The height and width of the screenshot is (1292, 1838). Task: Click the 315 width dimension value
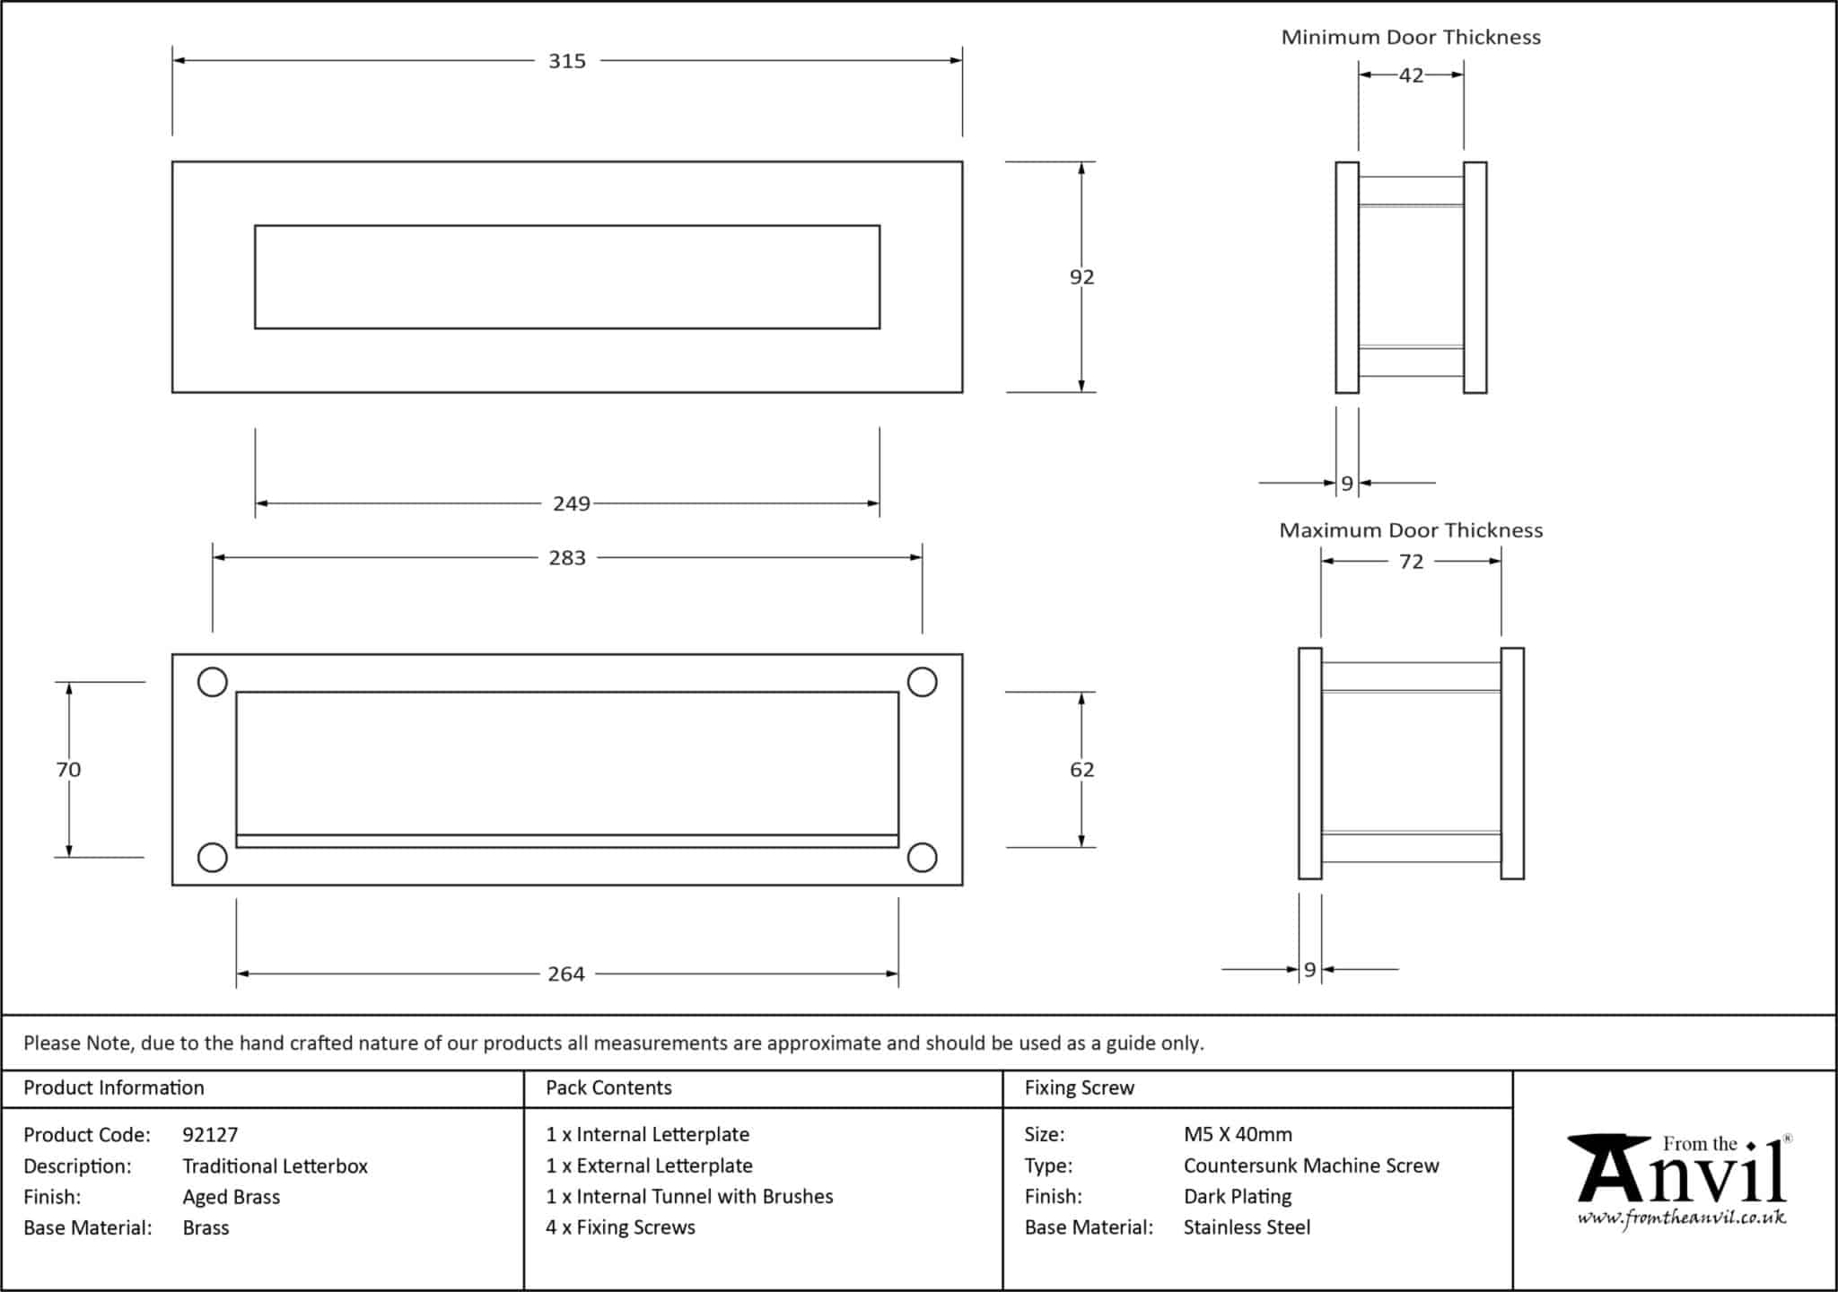click(x=566, y=61)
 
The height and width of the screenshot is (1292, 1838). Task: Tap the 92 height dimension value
click(x=1081, y=277)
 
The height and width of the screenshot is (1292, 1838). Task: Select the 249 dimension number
click(x=572, y=504)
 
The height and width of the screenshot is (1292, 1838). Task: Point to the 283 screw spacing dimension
click(x=566, y=558)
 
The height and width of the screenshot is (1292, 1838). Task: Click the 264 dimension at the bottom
click(x=566, y=974)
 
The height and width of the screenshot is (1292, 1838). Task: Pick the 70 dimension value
click(x=68, y=770)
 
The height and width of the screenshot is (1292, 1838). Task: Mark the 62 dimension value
click(x=1081, y=770)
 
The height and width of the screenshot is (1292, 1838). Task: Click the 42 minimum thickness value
click(x=1411, y=75)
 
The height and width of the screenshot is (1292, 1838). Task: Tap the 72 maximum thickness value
click(x=1411, y=562)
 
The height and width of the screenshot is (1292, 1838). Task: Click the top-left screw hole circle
click(x=212, y=683)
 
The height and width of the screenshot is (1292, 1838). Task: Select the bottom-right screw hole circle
click(x=922, y=858)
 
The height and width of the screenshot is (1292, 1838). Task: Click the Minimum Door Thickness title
click(x=1411, y=38)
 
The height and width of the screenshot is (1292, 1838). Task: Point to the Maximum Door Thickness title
click(x=1411, y=530)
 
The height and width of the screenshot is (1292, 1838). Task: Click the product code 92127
click(x=210, y=1135)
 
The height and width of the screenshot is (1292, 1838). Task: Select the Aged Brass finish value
click(x=232, y=1197)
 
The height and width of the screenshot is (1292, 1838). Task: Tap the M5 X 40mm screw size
click(x=1238, y=1134)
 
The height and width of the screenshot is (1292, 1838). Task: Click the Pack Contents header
click(x=608, y=1087)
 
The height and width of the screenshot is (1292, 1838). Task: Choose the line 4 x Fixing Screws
click(x=620, y=1227)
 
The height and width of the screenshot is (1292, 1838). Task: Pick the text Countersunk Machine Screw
click(x=1311, y=1165)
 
